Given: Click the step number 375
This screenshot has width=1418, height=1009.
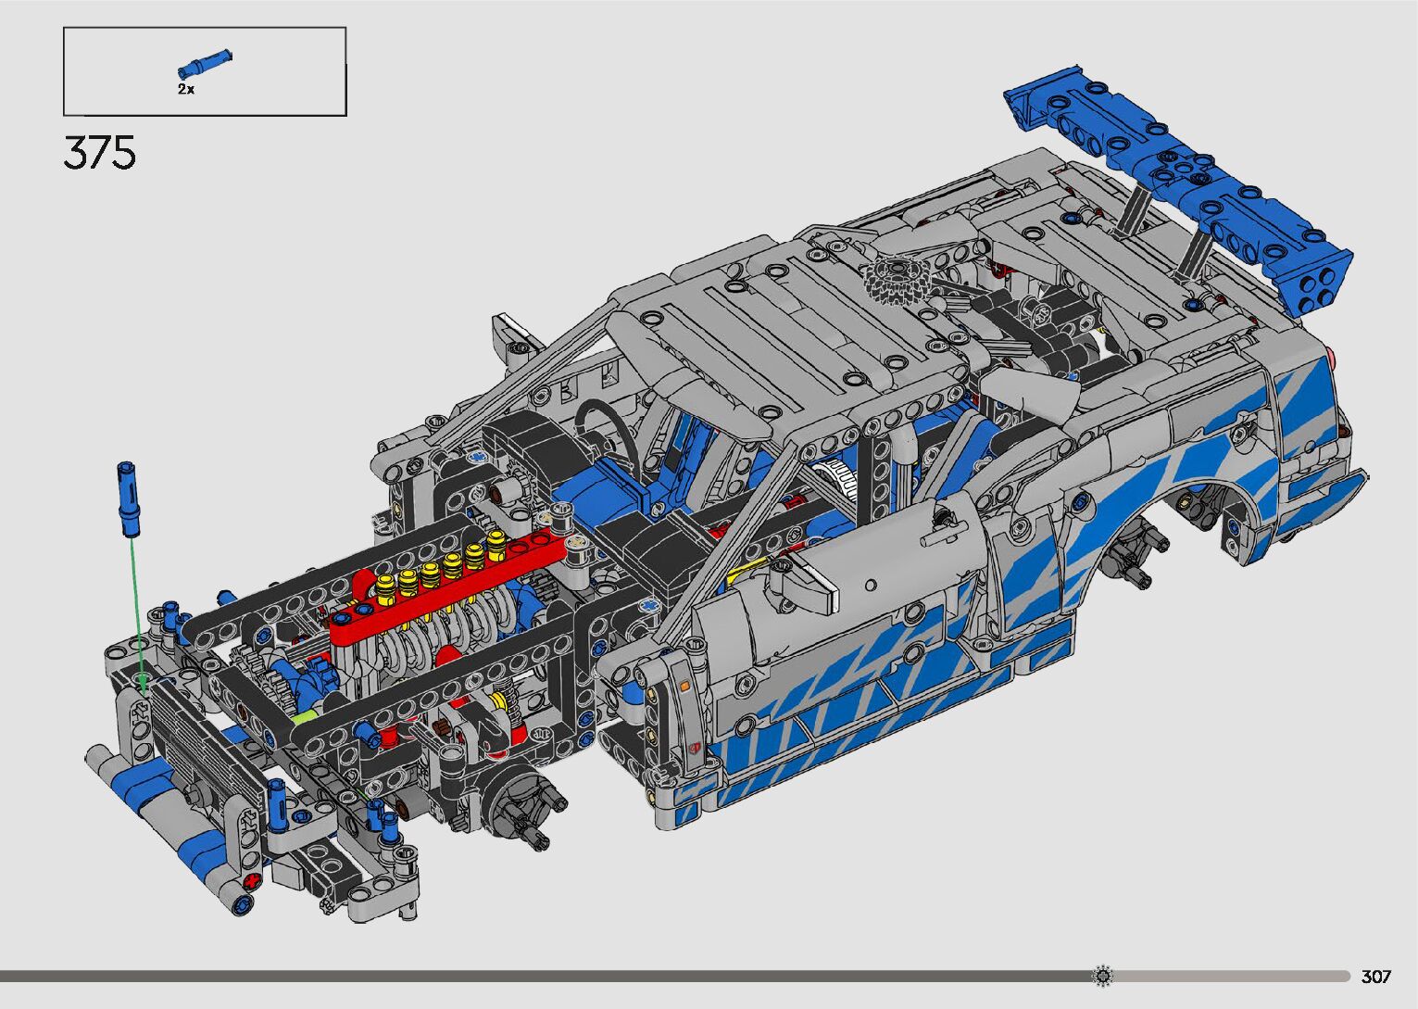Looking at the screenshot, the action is tap(99, 153).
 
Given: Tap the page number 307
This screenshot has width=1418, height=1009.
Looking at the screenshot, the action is tap(1376, 976).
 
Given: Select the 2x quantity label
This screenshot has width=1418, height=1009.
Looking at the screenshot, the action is tap(185, 89).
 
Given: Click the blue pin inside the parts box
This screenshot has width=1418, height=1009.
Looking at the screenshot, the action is tap(205, 64).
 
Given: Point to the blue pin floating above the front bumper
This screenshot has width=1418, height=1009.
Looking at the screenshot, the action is tap(127, 499).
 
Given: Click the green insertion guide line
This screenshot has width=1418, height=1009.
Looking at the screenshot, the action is tap(138, 615).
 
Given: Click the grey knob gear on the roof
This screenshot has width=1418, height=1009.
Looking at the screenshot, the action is tap(897, 278).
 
